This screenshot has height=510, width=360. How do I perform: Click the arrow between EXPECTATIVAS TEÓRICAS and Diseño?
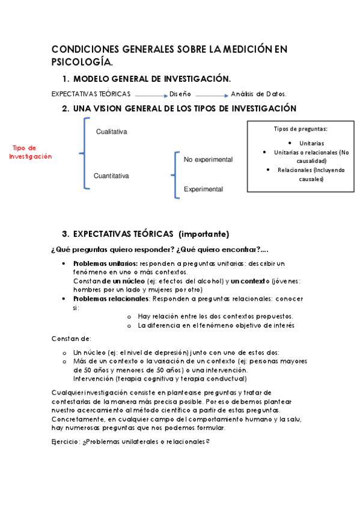tap(150, 94)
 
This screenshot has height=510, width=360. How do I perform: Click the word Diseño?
tap(180, 94)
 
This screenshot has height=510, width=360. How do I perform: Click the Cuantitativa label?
tap(111, 176)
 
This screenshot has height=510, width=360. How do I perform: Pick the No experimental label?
tap(208, 159)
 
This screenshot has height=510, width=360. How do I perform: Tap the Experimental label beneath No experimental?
tap(203, 189)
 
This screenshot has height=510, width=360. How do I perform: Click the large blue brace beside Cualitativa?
tap(85, 153)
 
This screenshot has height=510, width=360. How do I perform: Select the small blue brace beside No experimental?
tap(175, 174)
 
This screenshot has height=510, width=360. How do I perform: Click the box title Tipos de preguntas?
tap(301, 129)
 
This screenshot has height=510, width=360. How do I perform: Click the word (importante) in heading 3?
tap(204, 234)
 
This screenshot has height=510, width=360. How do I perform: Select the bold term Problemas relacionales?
tap(111, 298)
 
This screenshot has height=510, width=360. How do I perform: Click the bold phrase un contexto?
tap(249, 281)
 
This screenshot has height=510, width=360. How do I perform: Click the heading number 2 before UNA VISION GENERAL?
tap(65, 109)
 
